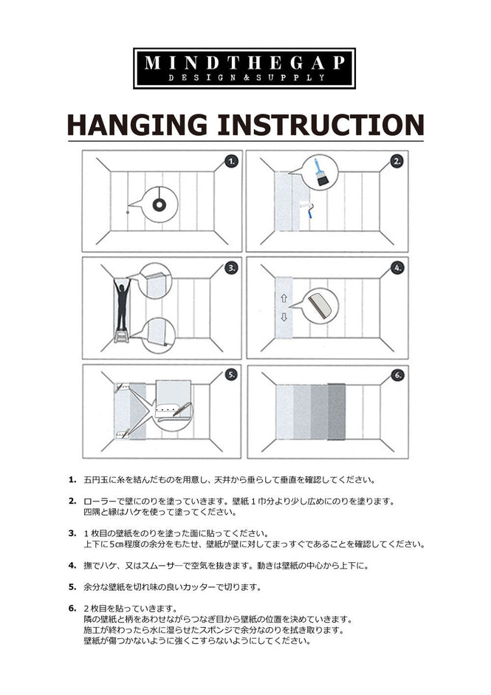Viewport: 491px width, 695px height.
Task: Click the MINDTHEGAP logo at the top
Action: (x=244, y=68)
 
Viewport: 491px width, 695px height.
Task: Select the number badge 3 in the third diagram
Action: (x=231, y=268)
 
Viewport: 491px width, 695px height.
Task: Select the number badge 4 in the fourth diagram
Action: (x=396, y=268)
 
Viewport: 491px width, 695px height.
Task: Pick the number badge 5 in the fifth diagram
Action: (x=231, y=375)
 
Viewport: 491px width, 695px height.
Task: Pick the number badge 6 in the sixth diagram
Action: (x=396, y=375)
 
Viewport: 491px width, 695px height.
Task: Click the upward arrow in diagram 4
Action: (x=284, y=298)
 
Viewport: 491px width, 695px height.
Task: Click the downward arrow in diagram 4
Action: (x=284, y=318)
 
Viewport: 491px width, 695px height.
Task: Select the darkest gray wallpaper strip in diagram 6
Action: (x=336, y=414)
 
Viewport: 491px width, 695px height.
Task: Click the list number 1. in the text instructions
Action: (x=72, y=479)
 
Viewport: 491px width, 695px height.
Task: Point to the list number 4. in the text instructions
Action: (x=72, y=565)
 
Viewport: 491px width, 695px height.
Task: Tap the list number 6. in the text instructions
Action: (x=72, y=609)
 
